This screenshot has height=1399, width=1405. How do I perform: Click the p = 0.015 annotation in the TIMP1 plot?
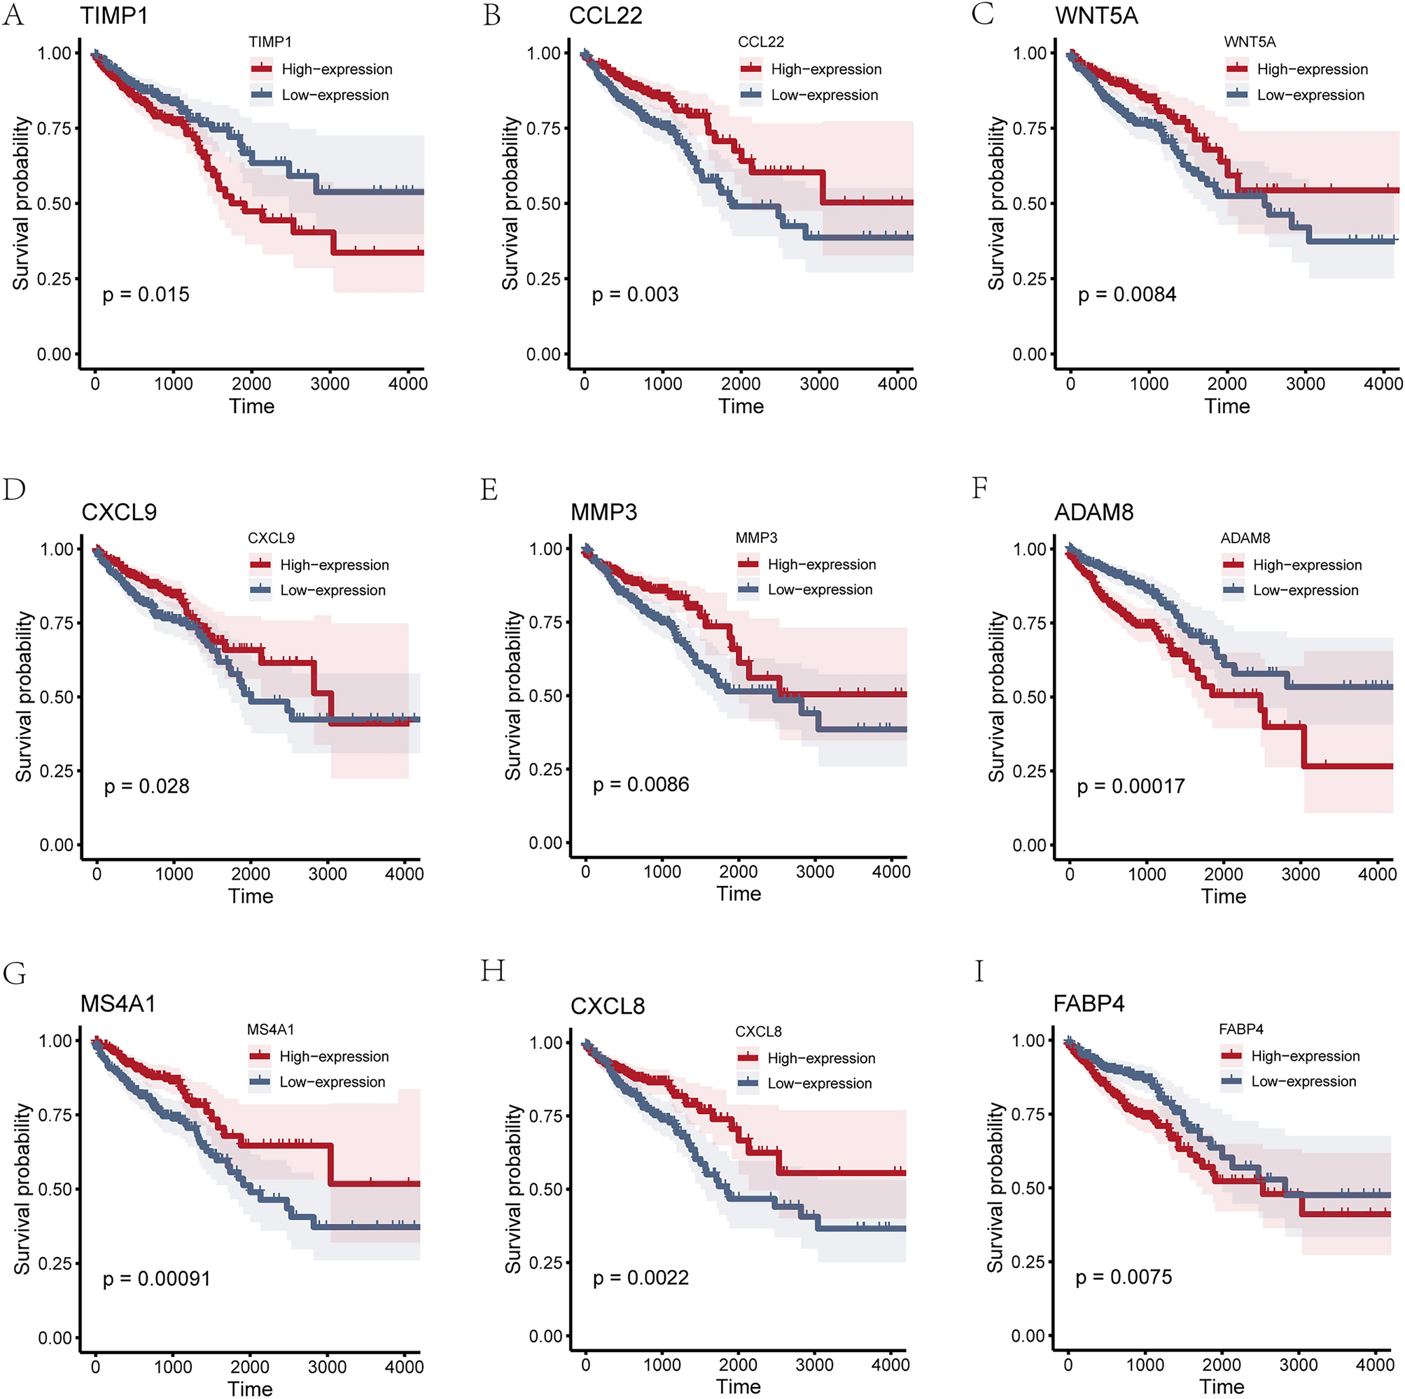pyautogui.click(x=146, y=295)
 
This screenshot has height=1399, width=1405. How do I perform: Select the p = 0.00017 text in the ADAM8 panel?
pyautogui.click(x=1131, y=786)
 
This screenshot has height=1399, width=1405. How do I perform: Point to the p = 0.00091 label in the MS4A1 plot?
pyautogui.click(x=156, y=1279)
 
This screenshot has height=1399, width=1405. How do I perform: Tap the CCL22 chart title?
pyautogui.click(x=605, y=16)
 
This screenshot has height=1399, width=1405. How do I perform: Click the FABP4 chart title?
pyautogui.click(x=1089, y=1004)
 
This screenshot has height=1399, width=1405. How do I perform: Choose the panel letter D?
pyautogui.click(x=14, y=489)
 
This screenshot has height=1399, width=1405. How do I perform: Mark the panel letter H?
pyautogui.click(x=492, y=971)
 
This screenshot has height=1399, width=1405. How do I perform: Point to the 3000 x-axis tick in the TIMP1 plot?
pyautogui.click(x=330, y=384)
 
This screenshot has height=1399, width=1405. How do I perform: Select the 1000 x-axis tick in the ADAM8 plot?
pyautogui.click(x=1147, y=874)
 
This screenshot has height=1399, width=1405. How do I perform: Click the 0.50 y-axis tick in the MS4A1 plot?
pyautogui.click(x=55, y=1190)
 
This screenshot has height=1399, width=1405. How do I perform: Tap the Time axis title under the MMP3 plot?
pyautogui.click(x=739, y=894)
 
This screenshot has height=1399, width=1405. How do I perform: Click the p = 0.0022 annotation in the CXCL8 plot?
pyautogui.click(x=640, y=1277)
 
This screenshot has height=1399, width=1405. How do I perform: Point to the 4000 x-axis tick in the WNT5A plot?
pyautogui.click(x=1383, y=384)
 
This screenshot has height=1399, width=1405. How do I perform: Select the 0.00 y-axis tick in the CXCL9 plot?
pyautogui.click(x=57, y=845)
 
